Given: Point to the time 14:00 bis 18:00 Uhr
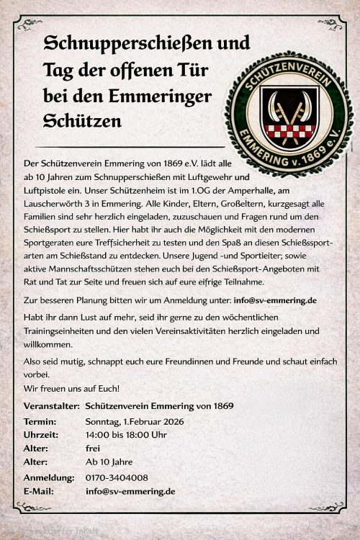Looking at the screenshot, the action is point(126,434).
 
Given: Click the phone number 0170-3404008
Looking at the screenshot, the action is point(117,477).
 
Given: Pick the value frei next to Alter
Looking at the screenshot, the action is point(93,448).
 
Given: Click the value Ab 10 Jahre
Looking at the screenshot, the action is point(109,462).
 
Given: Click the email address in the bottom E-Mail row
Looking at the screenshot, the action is point(130,491).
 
